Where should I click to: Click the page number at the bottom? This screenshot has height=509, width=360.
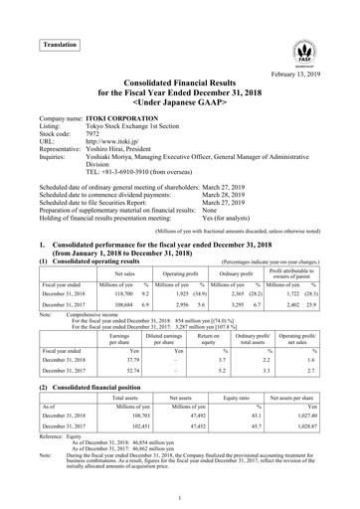pos(180,496)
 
